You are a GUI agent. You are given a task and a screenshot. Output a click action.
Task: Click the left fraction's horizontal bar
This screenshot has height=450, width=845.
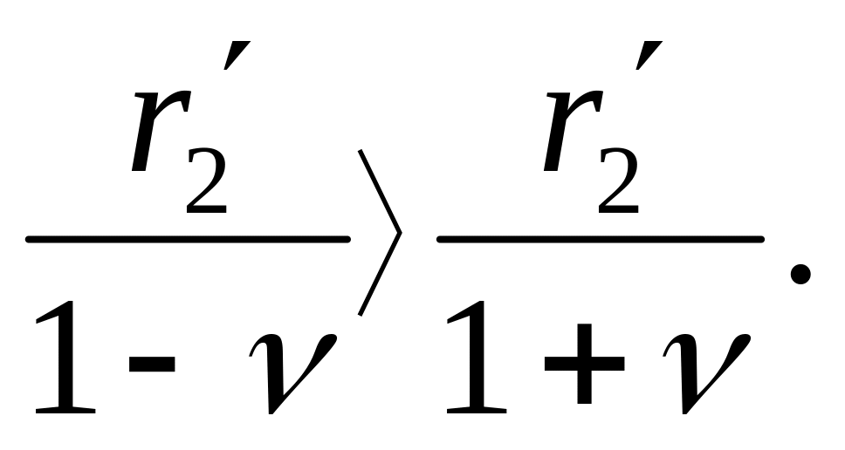coord(188,238)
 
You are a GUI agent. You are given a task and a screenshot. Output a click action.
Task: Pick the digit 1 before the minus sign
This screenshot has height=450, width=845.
coord(65,358)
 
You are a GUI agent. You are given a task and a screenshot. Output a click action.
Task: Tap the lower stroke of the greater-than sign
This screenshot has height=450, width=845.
coord(378,275)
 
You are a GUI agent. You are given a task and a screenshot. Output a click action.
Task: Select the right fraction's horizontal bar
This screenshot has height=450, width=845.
coord(601,238)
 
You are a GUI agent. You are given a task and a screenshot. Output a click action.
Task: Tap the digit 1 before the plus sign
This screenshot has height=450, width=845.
coord(476,358)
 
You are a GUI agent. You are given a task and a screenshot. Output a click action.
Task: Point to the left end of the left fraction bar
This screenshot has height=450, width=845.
coord(30,238)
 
